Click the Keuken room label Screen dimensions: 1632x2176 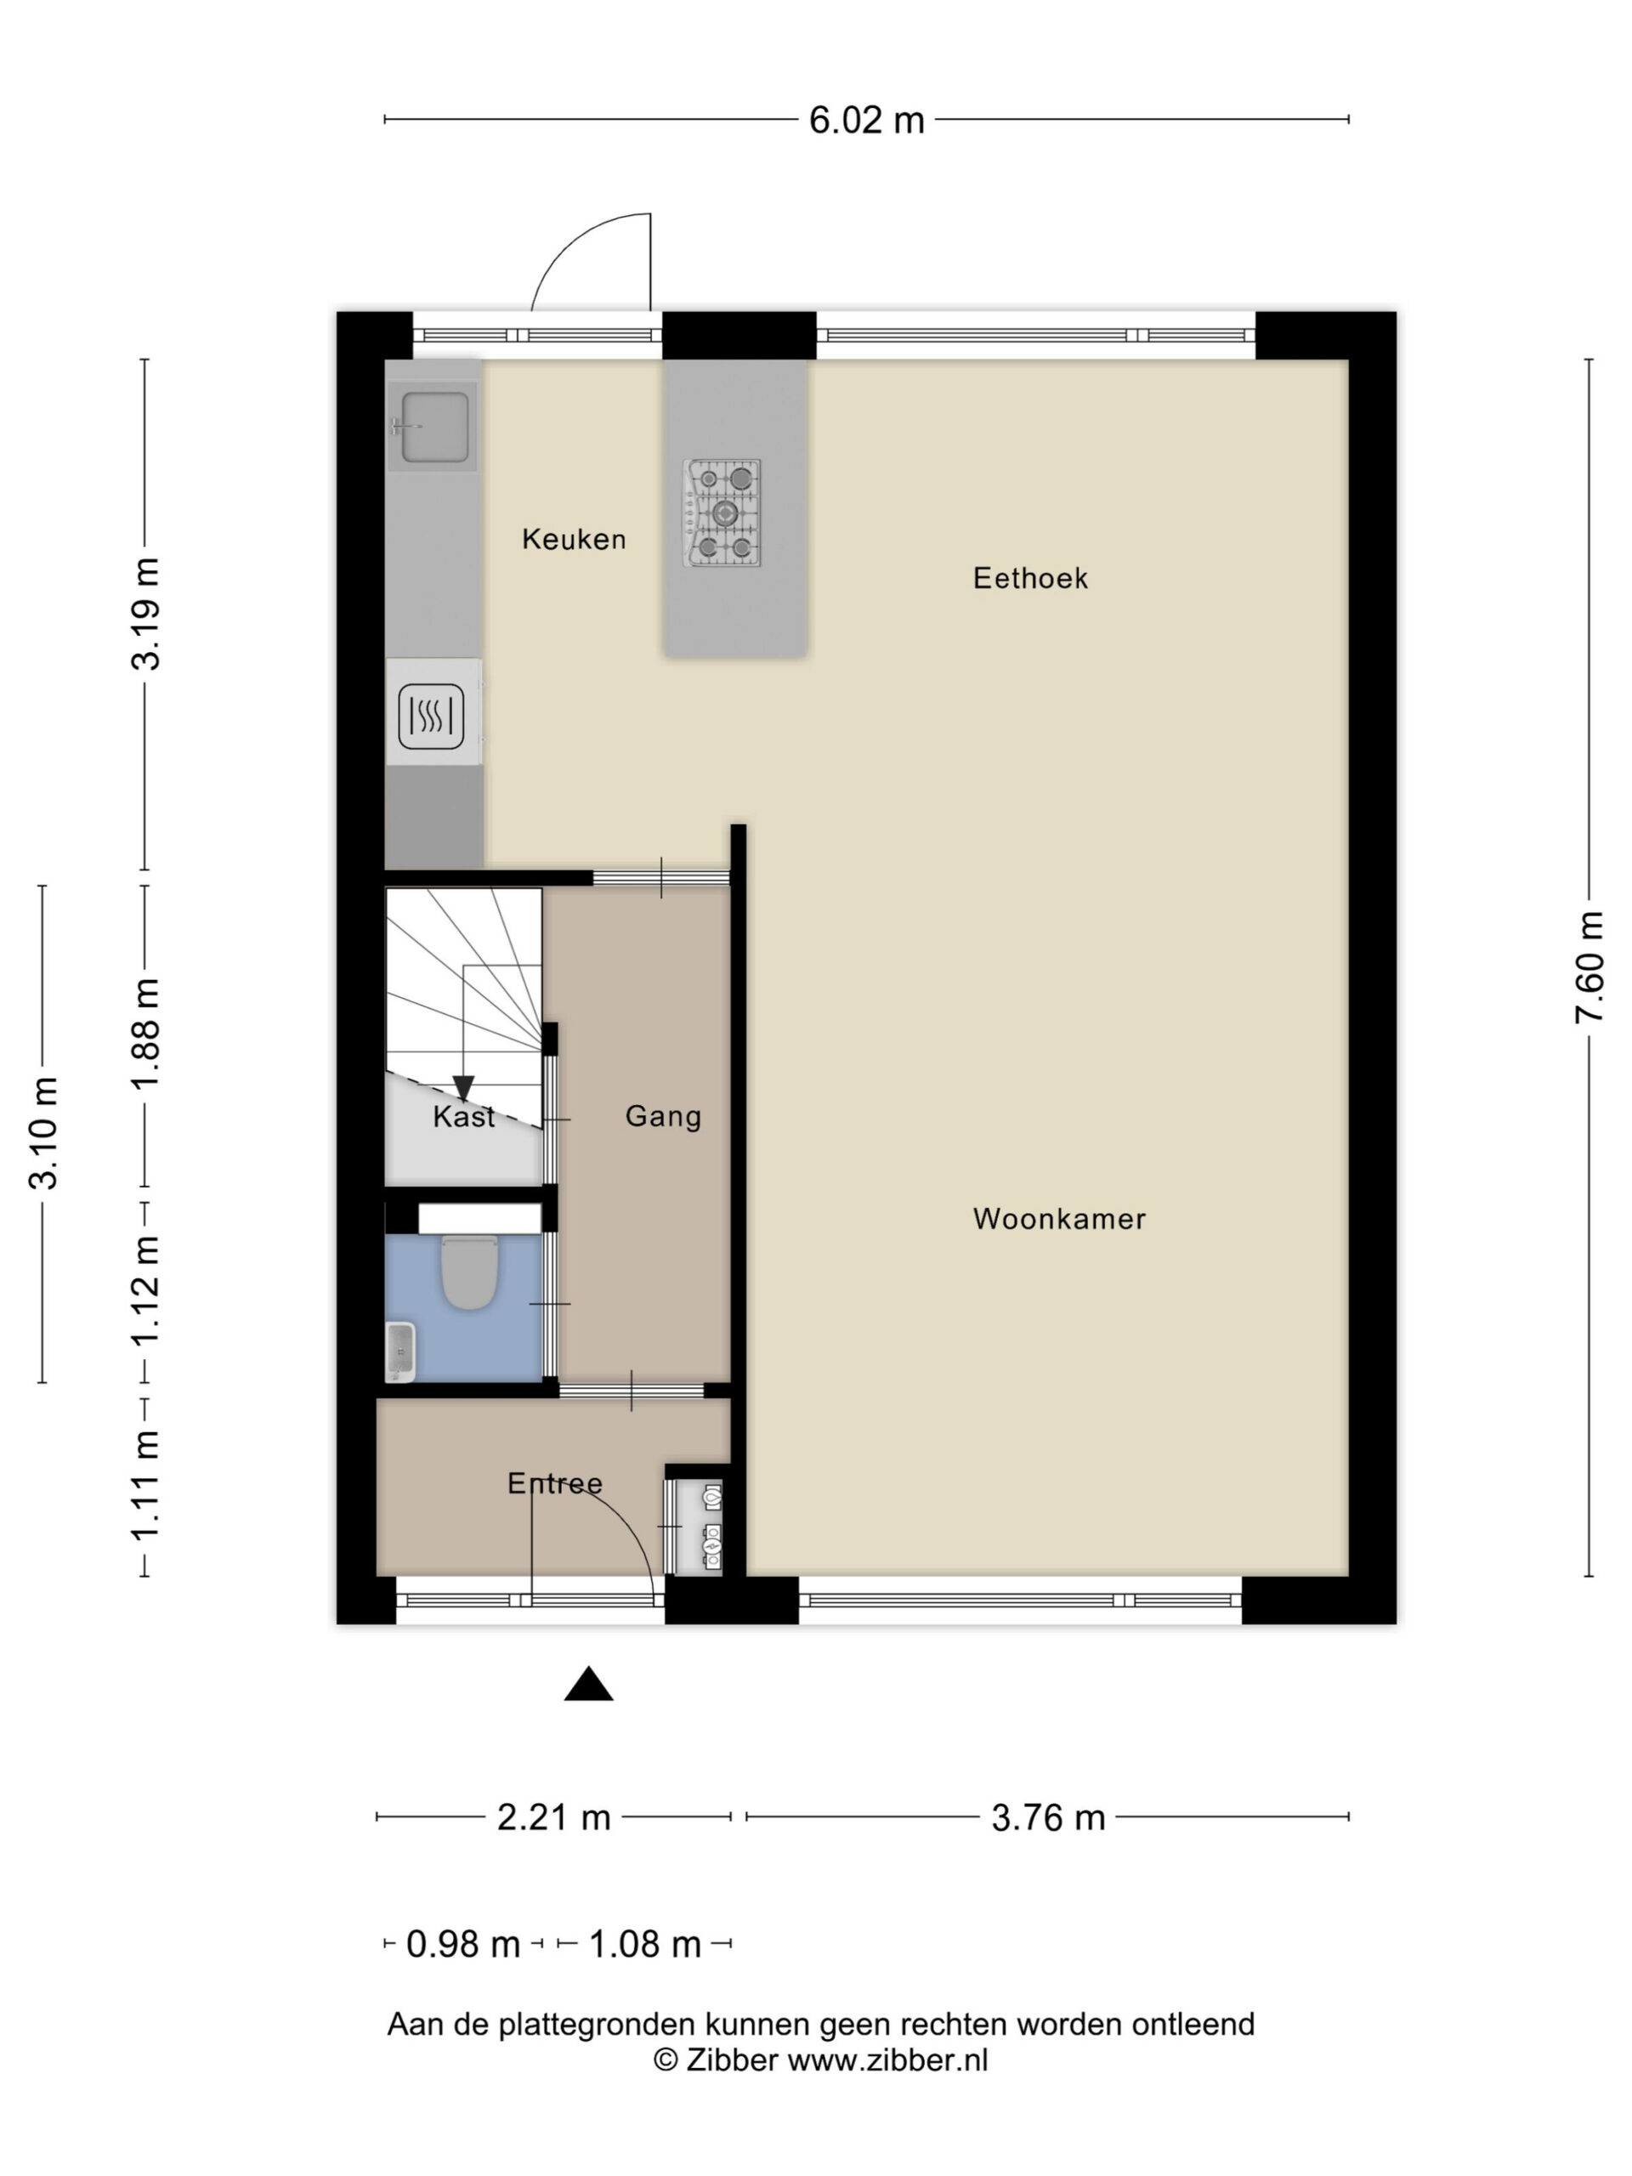tap(574, 538)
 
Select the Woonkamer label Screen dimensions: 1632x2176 tap(1059, 1219)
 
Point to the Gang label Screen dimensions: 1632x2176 tap(663, 1117)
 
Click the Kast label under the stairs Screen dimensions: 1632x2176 tap(463, 1117)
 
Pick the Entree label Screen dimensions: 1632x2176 tap(555, 1482)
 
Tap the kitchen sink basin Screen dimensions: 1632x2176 tap(433, 427)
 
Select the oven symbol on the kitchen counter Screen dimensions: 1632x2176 tap(431, 715)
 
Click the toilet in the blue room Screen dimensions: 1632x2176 tap(470, 1272)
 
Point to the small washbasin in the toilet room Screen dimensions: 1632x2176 tap(400, 1351)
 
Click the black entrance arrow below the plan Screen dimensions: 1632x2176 tap(588, 1683)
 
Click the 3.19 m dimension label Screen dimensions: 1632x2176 tap(145, 613)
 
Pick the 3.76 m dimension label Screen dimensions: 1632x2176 tap(1048, 1817)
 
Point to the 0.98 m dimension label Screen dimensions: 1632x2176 tap(462, 1944)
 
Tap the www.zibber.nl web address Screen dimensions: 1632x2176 tap(887, 2059)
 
